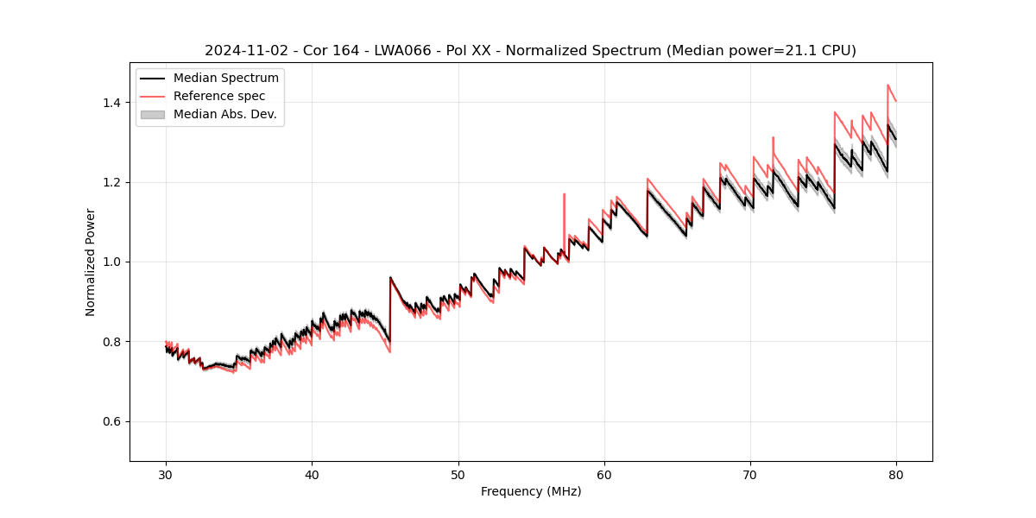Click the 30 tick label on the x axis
(166, 474)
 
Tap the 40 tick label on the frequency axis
(312, 474)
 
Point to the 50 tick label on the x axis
(458, 474)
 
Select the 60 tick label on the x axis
(604, 474)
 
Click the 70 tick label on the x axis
(750, 474)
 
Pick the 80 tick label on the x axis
(896, 474)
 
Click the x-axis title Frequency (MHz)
(531, 491)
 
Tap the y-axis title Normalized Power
(91, 262)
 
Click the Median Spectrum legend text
(225, 79)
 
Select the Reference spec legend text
(219, 96)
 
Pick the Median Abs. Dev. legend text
(224, 114)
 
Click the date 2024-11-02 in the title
(244, 51)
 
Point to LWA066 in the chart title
(402, 51)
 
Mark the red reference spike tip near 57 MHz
(565, 194)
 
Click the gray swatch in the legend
(152, 114)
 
